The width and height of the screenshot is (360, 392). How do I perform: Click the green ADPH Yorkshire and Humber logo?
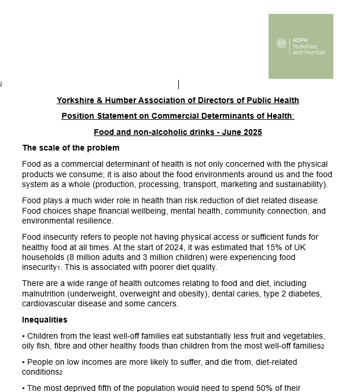pos(300,46)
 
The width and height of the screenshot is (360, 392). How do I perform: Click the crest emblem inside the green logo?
pos(282,43)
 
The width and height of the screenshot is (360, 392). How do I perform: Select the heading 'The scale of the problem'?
pos(71,148)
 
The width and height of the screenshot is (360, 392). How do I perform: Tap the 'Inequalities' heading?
pos(45,320)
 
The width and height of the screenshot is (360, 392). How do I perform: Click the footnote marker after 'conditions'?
pos(61,373)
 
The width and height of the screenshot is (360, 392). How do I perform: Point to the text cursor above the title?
pos(178,85)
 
